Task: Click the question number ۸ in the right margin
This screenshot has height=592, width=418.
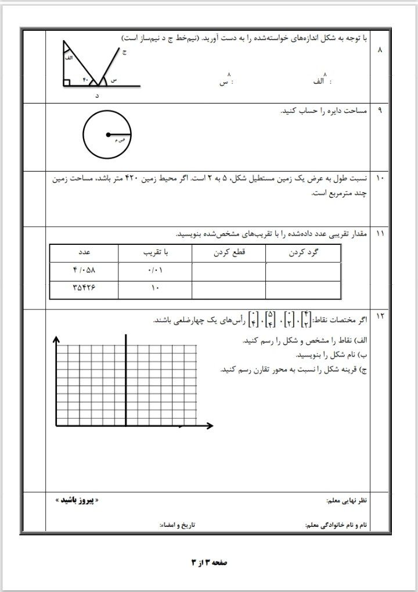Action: click(380, 51)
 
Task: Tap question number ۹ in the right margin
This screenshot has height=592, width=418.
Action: click(380, 110)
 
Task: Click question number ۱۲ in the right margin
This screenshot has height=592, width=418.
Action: click(380, 316)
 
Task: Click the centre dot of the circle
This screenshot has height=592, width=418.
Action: click(107, 135)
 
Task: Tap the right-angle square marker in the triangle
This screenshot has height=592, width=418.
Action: click(67, 83)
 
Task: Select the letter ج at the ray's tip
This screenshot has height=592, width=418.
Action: click(124, 52)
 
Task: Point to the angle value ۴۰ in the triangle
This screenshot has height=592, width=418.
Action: click(85, 80)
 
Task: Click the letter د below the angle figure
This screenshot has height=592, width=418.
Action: click(97, 95)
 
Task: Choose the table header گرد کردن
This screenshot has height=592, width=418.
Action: click(302, 254)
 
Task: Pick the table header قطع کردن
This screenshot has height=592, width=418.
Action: click(229, 254)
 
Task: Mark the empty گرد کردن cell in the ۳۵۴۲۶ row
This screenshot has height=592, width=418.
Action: click(302, 288)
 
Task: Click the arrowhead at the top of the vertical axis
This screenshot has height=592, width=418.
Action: click(56, 339)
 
